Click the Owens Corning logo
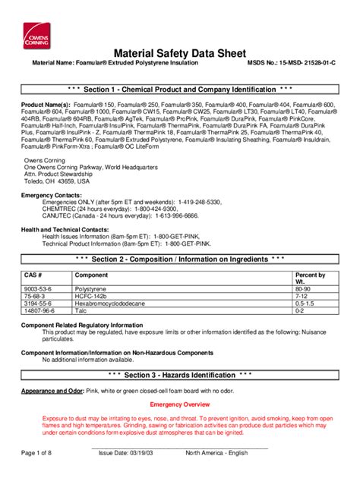(x=35, y=30)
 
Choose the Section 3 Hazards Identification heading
(x=179, y=375)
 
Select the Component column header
(x=90, y=275)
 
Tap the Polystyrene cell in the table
(x=91, y=289)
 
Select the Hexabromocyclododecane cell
(x=109, y=303)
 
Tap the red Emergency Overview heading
(x=179, y=404)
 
